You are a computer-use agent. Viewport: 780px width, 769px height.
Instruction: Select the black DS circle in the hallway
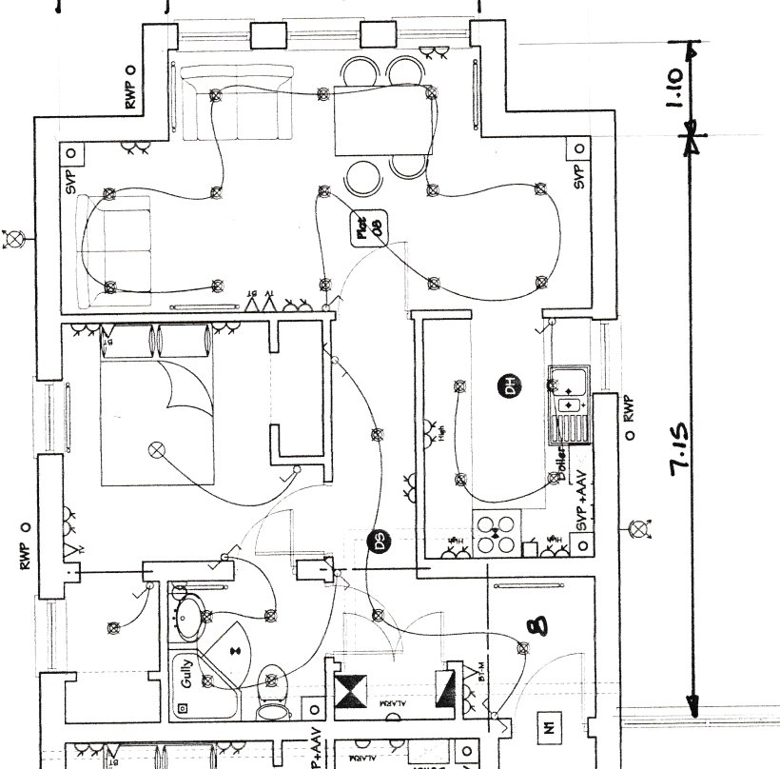click(x=379, y=542)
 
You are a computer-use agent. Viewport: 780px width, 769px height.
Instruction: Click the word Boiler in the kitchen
click(x=563, y=464)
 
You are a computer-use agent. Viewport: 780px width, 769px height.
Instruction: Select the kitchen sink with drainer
click(x=568, y=404)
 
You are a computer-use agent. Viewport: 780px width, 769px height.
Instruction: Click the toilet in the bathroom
click(x=272, y=693)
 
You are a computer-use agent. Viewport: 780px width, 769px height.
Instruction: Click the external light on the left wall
click(x=15, y=238)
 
